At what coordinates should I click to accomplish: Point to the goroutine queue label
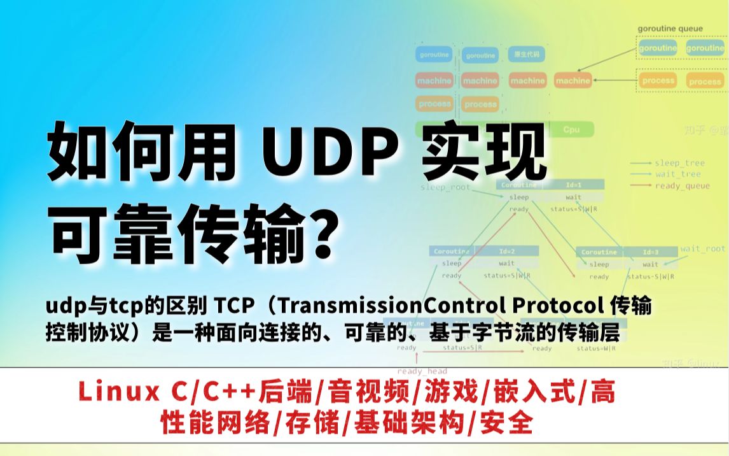(x=670, y=29)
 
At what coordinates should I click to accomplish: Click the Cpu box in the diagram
(x=571, y=129)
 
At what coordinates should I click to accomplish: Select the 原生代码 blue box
(x=527, y=55)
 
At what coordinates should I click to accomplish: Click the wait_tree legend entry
(x=677, y=174)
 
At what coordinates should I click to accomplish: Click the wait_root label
(x=702, y=249)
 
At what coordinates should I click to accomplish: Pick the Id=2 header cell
(x=506, y=251)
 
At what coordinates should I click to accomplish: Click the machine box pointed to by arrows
(x=573, y=81)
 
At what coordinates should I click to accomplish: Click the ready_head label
(x=422, y=371)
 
